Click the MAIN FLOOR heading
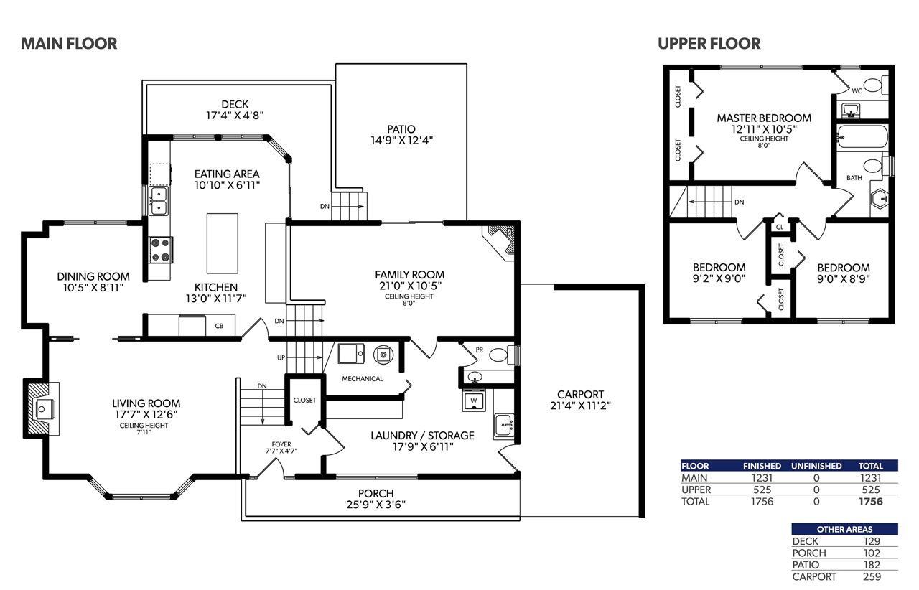(69, 44)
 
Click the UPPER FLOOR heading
(709, 44)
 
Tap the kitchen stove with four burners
(161, 250)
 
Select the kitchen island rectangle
(223, 243)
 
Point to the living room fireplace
(42, 408)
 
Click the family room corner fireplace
(500, 242)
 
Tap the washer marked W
(474, 401)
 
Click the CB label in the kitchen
(220, 326)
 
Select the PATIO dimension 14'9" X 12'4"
(401, 140)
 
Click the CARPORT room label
(580, 394)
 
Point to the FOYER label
(281, 444)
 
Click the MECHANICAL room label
(363, 379)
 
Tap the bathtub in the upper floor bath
(862, 136)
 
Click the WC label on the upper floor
(857, 91)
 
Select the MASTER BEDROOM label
(764, 118)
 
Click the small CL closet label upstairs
(780, 227)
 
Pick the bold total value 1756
(871, 502)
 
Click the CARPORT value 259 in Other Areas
(872, 576)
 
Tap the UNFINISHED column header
(816, 466)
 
